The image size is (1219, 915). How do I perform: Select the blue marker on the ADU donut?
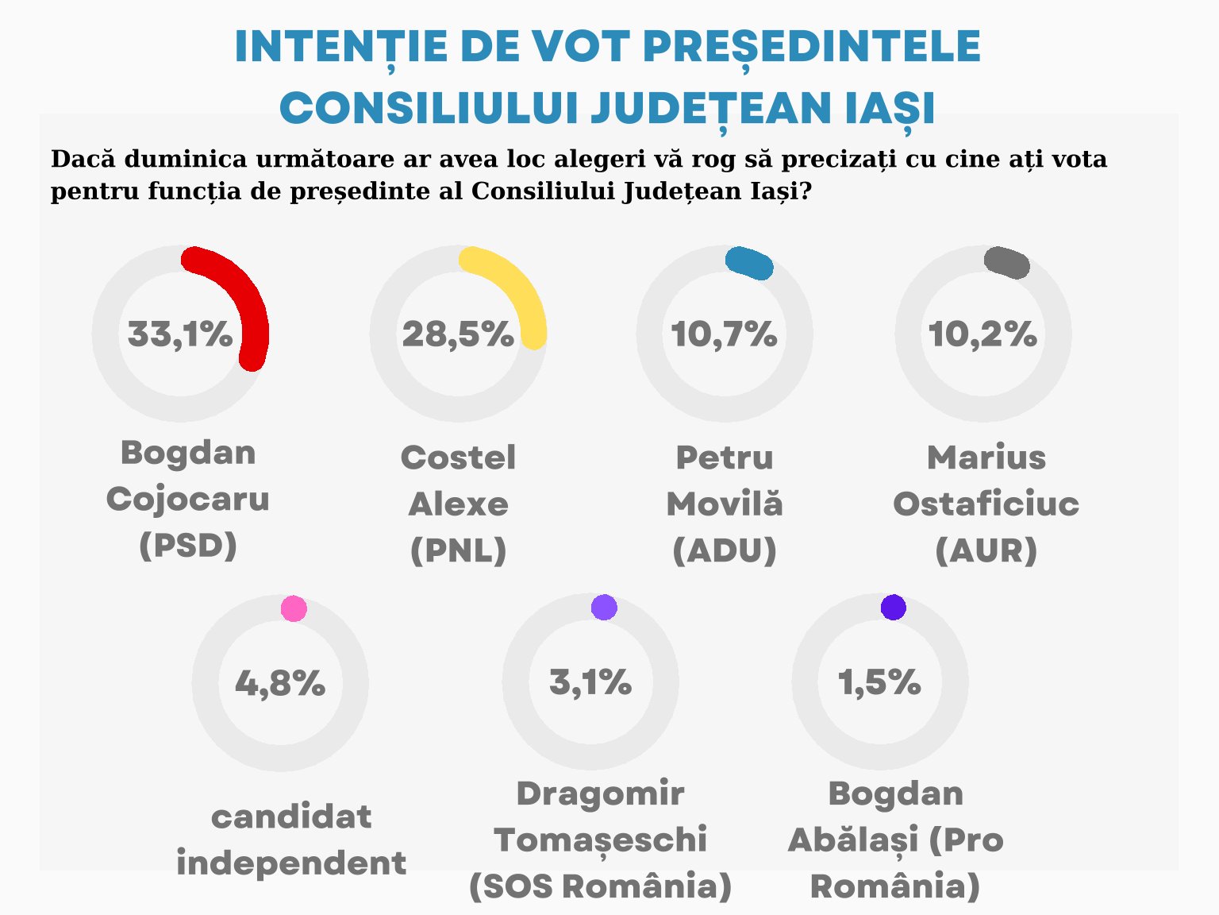click(x=749, y=264)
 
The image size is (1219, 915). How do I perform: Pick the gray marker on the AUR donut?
click(x=1007, y=263)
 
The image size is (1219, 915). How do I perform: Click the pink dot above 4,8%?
click(x=294, y=608)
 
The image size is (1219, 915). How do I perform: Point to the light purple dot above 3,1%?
click(x=604, y=607)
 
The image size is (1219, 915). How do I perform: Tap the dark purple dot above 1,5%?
click(x=894, y=607)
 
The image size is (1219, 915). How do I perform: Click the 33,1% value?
click(x=180, y=334)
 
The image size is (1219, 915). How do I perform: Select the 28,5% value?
click(x=458, y=334)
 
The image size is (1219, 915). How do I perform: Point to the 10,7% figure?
click(x=725, y=334)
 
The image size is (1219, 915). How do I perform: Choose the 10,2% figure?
click(x=983, y=334)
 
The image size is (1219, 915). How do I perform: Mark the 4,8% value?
click(x=280, y=683)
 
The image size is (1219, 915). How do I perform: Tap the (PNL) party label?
click(x=458, y=550)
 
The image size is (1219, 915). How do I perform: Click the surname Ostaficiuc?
click(x=986, y=503)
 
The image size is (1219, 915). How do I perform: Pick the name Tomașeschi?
click(x=600, y=840)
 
